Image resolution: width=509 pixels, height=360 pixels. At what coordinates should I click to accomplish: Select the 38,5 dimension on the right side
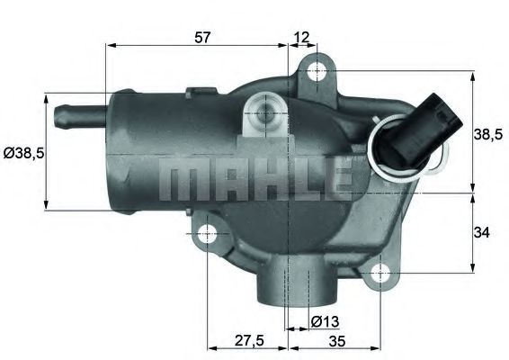pyautogui.click(x=487, y=134)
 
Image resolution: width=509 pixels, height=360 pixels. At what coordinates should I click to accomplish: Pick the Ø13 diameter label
pyautogui.click(x=324, y=320)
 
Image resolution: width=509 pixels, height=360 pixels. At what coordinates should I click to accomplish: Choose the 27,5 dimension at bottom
pyautogui.click(x=247, y=340)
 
